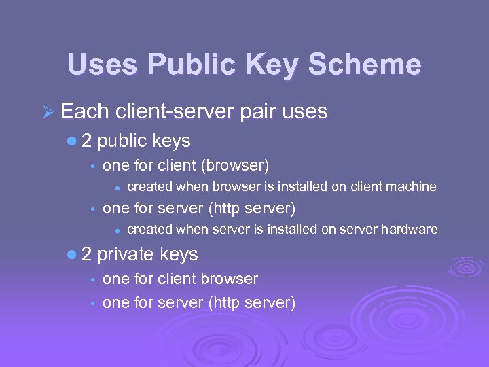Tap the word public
[124, 141]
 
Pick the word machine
[412, 186]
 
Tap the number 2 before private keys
[87, 254]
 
